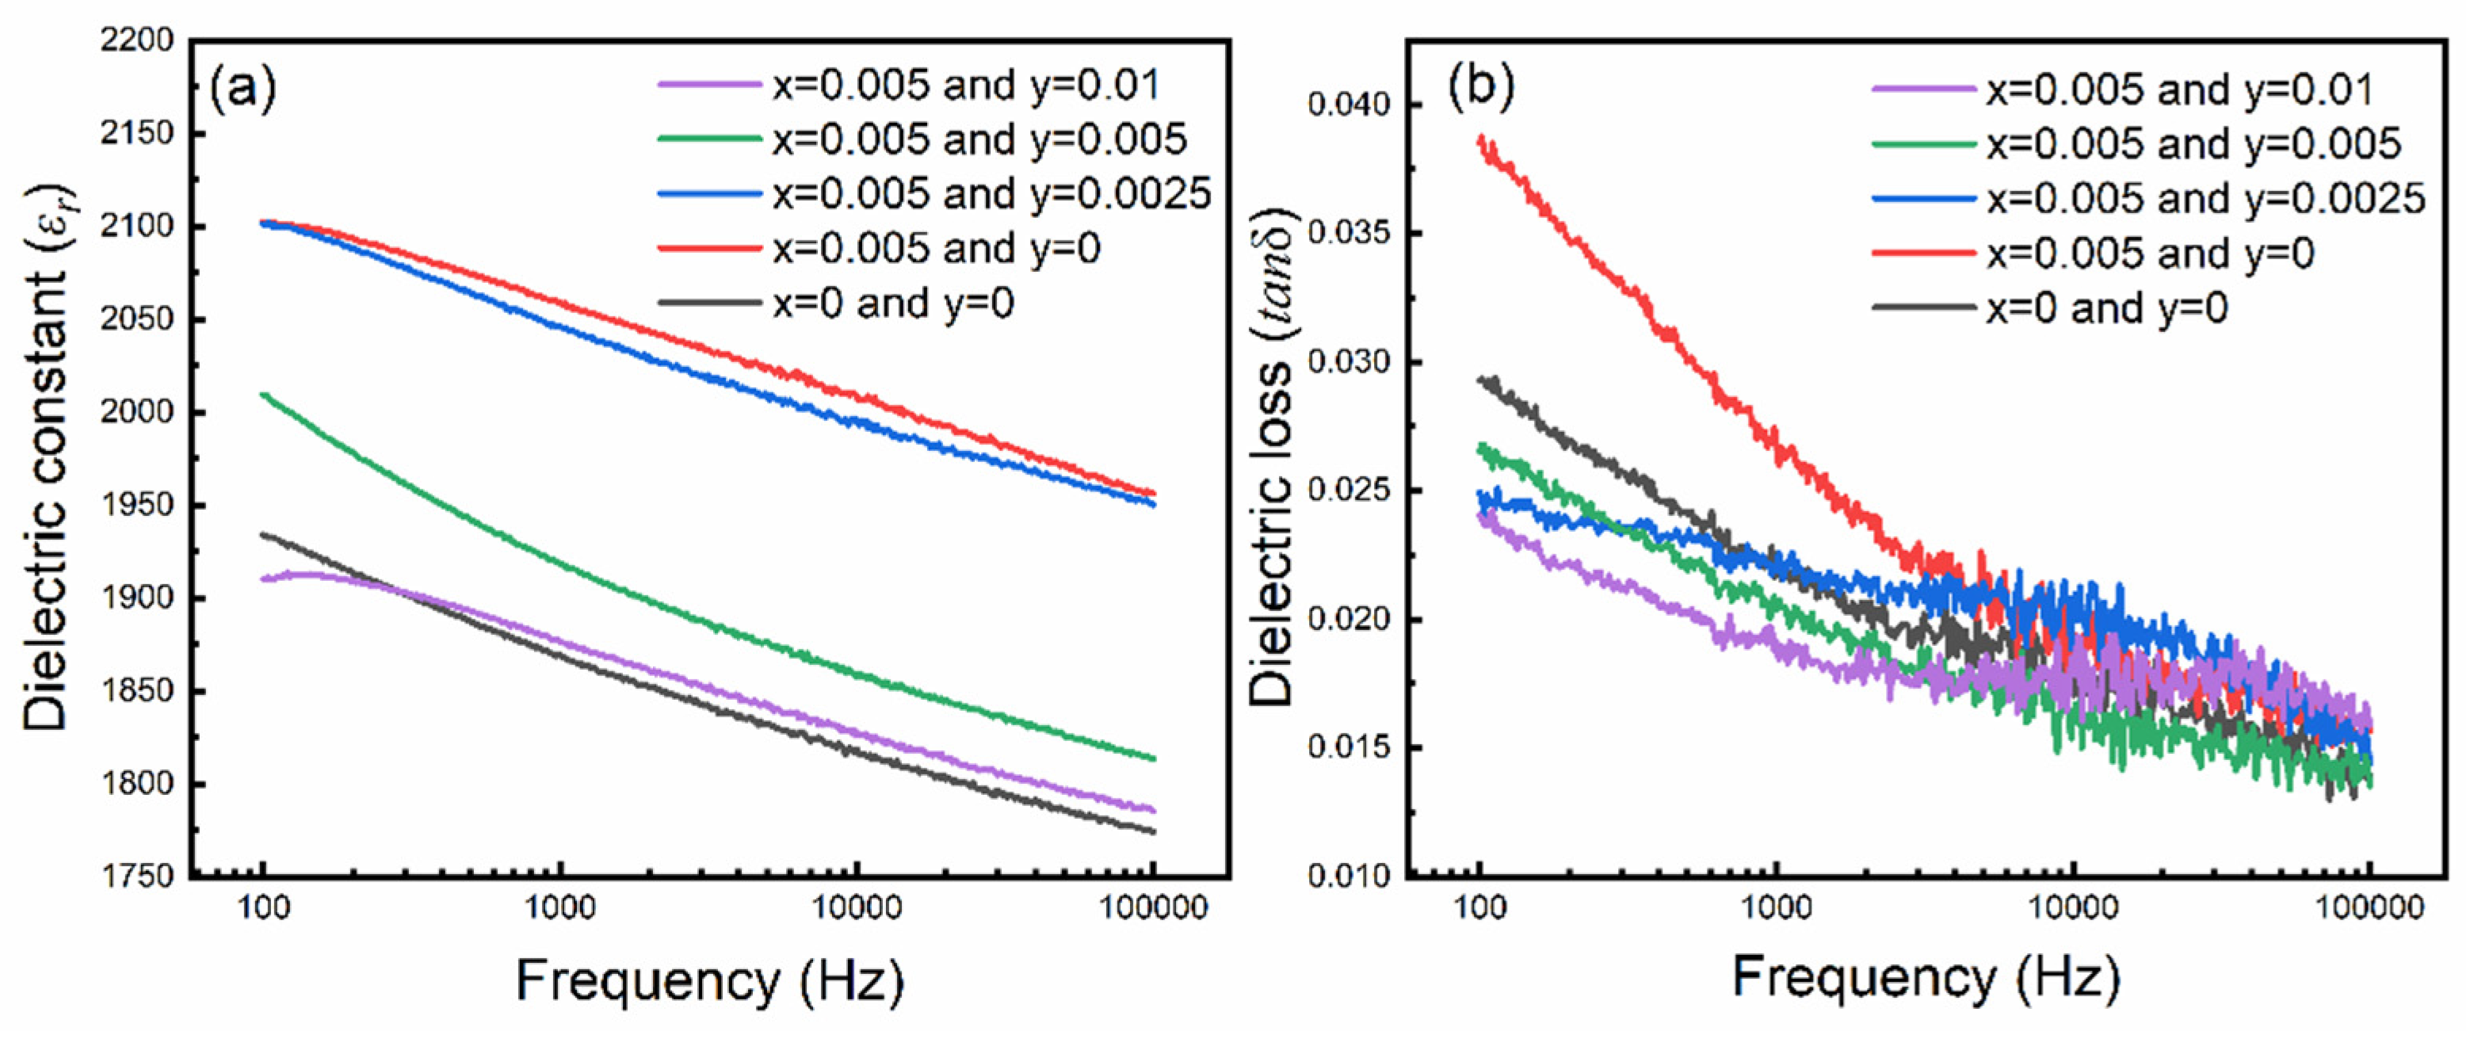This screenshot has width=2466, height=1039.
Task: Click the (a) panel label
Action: point(242,89)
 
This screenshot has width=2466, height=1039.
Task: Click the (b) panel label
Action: point(1481,89)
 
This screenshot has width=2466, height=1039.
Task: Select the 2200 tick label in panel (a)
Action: point(137,41)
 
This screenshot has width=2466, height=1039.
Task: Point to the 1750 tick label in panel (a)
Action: point(137,877)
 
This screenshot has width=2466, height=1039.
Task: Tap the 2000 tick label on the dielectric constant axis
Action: point(137,412)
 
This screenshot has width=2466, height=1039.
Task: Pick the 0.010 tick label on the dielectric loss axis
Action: point(1348,877)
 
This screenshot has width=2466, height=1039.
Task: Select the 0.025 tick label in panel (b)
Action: point(1348,491)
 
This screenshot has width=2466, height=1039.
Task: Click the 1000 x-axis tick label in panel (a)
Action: point(560,907)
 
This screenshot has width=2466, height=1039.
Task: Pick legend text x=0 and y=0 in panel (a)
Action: point(893,304)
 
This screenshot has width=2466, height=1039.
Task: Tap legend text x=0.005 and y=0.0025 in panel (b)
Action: point(2205,199)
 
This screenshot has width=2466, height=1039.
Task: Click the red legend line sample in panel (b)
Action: point(1924,253)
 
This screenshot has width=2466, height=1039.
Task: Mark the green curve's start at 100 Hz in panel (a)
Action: point(263,394)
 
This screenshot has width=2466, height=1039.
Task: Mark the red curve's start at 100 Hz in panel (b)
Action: point(1481,139)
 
